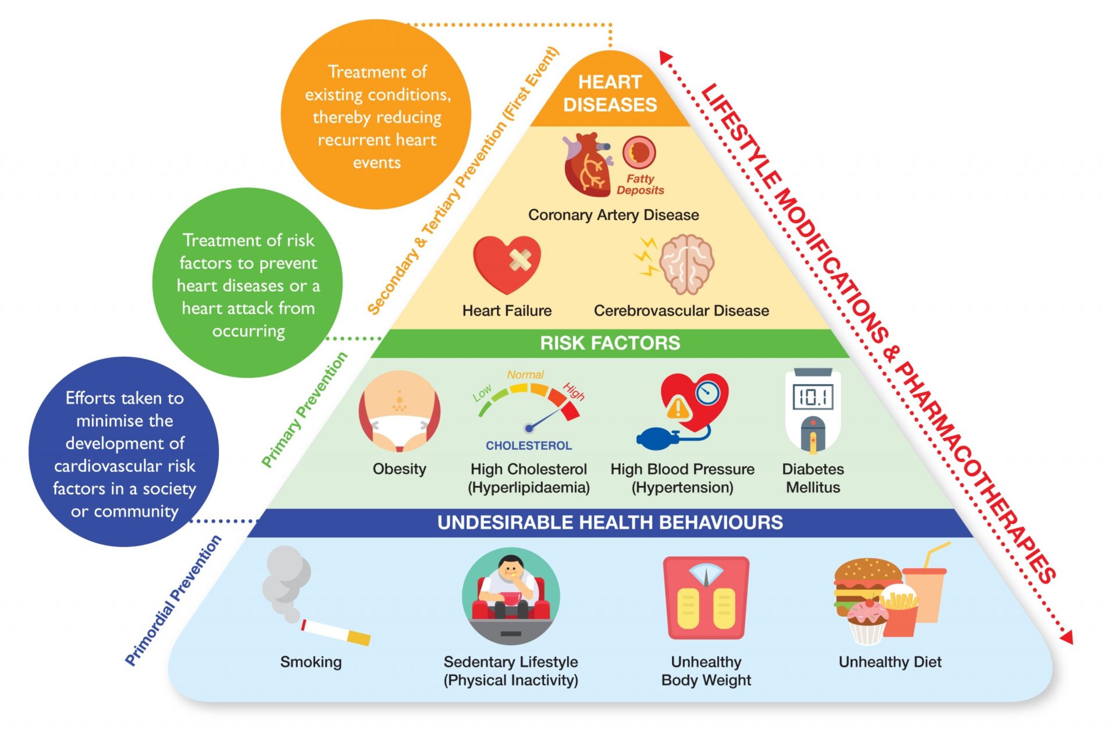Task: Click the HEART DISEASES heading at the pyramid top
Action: click(x=610, y=93)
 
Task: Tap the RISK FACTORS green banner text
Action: click(x=610, y=343)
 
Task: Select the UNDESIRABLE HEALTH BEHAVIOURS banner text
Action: click(x=610, y=522)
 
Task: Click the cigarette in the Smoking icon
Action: click(x=336, y=632)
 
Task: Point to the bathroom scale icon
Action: click(x=706, y=598)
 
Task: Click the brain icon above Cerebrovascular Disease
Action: click(x=686, y=264)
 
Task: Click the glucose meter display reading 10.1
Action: click(x=813, y=398)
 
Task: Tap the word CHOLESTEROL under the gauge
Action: click(x=529, y=446)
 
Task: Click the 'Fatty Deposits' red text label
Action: click(x=640, y=185)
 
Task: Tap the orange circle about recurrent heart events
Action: click(x=376, y=115)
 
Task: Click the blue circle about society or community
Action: click(x=124, y=452)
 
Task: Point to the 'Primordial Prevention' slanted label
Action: click(x=173, y=600)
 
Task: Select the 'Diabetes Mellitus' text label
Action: click(x=813, y=478)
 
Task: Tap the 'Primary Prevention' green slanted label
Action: click(x=304, y=410)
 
